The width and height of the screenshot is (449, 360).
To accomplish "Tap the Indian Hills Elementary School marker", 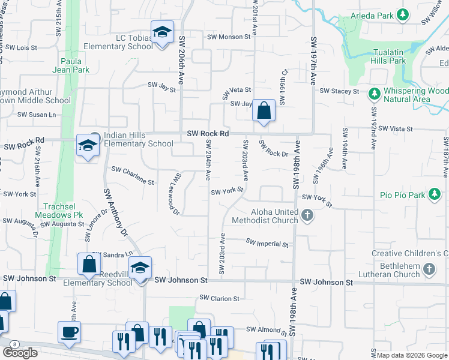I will click(88, 145).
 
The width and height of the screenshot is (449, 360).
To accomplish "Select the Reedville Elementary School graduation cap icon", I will click(140, 268).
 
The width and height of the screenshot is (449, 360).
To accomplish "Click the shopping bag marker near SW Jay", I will click(264, 110).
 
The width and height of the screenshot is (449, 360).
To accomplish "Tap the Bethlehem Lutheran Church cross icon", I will click(429, 269).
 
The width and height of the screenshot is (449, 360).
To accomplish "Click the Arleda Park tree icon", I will click(405, 14).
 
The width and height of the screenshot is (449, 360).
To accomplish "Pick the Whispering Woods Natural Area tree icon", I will click(374, 94).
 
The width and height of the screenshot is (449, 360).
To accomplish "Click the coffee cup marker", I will click(69, 332).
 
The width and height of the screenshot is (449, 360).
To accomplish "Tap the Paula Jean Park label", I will click(74, 65).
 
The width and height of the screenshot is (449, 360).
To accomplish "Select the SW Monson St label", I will click(229, 37).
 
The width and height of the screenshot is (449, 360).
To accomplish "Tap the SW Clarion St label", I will click(220, 298).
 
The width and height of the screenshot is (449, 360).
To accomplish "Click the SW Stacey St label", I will click(339, 91).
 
